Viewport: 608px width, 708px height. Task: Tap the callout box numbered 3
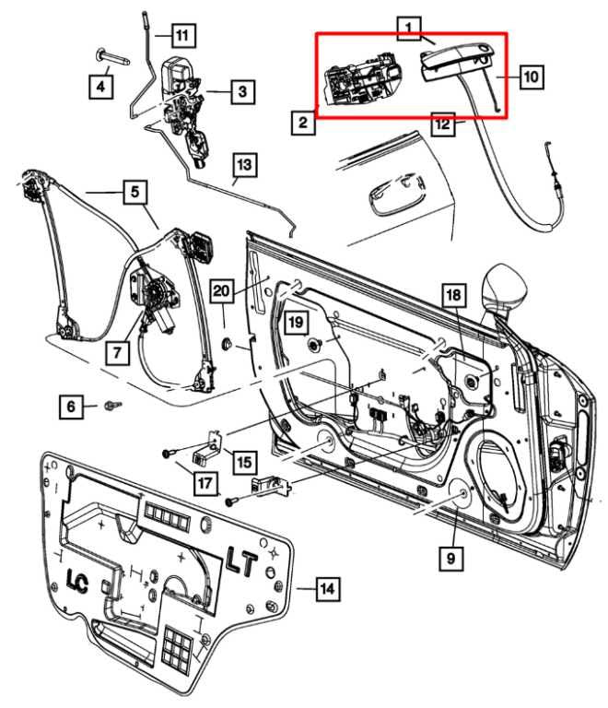[x=241, y=91]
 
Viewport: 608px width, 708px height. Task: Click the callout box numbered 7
[x=117, y=351]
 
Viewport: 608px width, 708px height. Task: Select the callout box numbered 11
[x=183, y=37]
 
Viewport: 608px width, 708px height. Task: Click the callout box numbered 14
[x=327, y=587]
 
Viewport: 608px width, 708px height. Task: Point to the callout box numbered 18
[x=452, y=295]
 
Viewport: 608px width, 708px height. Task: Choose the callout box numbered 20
[x=220, y=291]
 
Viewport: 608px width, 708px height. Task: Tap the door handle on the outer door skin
[x=382, y=197]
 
